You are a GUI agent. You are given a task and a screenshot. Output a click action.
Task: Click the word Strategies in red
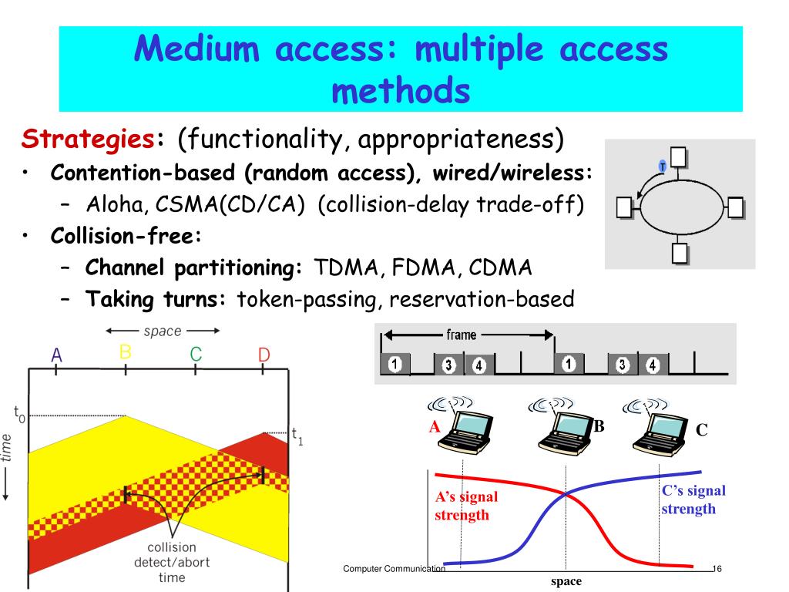[87, 140]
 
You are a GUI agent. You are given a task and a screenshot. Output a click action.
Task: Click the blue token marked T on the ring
[661, 166]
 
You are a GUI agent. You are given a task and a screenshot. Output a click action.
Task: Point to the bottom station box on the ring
[679, 253]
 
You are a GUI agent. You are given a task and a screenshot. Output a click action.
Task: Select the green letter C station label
[196, 355]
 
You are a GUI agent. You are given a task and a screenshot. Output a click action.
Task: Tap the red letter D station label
[264, 355]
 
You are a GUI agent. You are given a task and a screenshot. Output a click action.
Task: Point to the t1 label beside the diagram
[297, 436]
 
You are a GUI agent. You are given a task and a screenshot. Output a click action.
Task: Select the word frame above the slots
[461, 335]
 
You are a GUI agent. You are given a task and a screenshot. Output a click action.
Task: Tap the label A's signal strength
[466, 506]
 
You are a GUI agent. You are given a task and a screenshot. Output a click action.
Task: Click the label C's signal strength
[693, 499]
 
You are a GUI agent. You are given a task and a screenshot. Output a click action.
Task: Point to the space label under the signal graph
[566, 581]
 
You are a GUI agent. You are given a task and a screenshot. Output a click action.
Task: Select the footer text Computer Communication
[394, 569]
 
